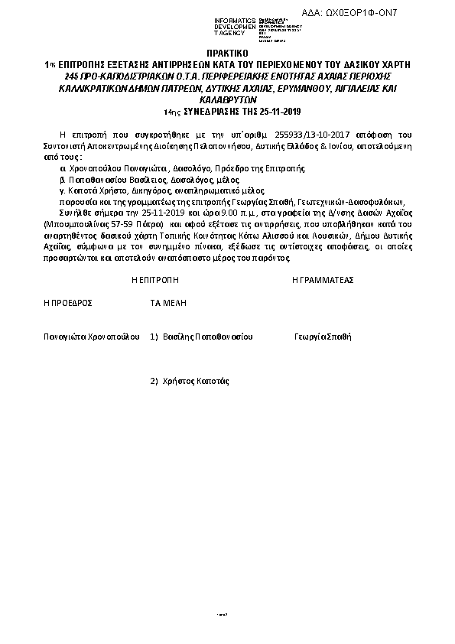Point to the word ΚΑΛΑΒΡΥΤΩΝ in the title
click(x=227, y=99)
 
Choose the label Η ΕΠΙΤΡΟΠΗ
click(x=154, y=281)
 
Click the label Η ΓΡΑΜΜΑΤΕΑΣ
click(x=323, y=281)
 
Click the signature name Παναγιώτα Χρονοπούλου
click(x=91, y=336)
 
